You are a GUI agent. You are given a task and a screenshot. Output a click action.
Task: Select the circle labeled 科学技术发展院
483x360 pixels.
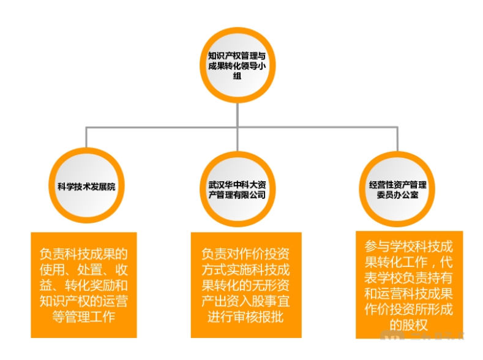(x=86, y=186)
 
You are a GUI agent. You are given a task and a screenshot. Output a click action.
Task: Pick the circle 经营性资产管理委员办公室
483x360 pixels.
(x=397, y=188)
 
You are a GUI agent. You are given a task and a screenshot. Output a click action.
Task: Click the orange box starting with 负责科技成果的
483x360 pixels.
(x=84, y=284)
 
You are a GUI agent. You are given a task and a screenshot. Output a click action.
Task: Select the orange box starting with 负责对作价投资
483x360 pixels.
(x=245, y=284)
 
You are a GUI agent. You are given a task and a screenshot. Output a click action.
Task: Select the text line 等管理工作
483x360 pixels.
(x=84, y=317)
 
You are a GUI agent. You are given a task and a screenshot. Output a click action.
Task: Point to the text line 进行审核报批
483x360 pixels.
(x=245, y=317)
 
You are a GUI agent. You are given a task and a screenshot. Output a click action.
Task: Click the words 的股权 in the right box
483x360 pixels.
(x=408, y=325)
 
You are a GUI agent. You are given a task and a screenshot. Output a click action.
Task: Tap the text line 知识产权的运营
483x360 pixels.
(x=84, y=301)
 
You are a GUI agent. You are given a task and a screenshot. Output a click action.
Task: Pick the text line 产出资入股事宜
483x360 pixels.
(x=245, y=301)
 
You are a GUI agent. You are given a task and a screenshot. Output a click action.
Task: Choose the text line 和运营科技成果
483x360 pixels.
(x=408, y=293)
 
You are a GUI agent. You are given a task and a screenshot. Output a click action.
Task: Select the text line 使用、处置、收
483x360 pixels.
(x=84, y=269)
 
